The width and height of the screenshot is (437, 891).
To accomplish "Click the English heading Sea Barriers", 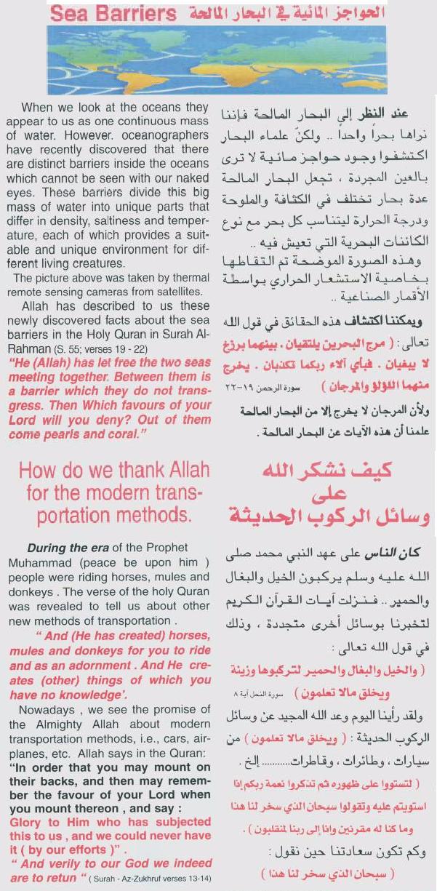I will coord(115,13).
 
